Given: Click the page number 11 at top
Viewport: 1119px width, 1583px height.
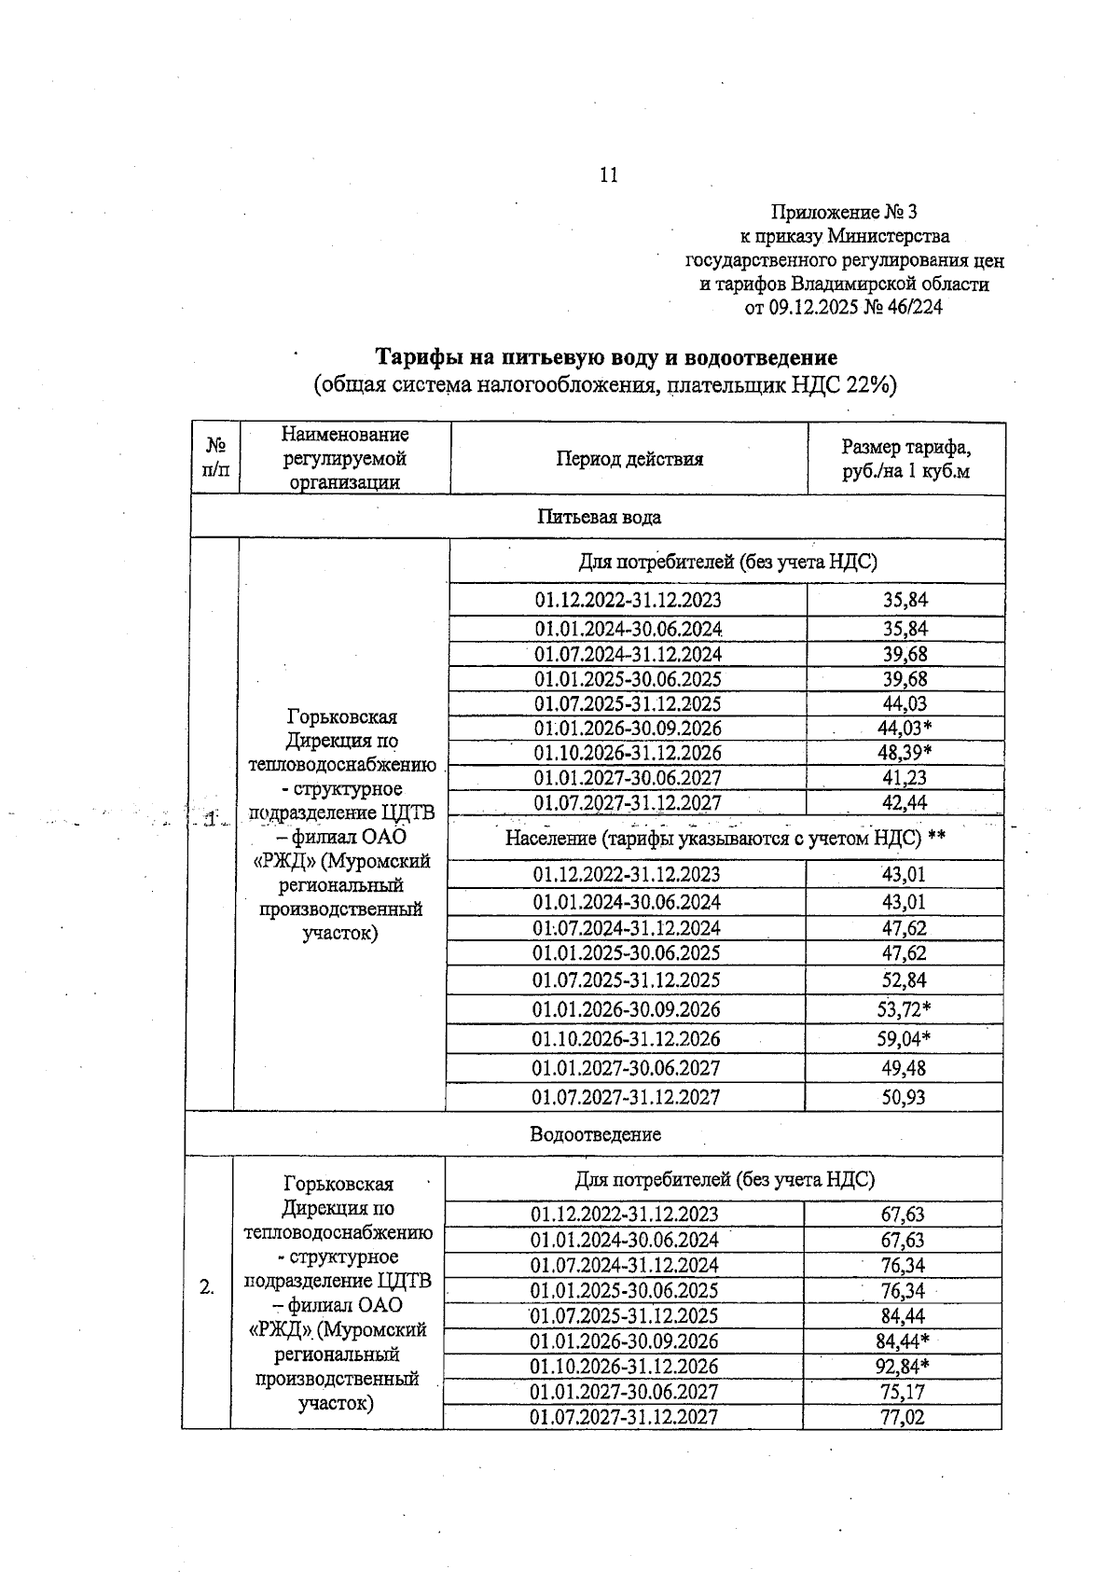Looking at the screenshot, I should pyautogui.click(x=608, y=174).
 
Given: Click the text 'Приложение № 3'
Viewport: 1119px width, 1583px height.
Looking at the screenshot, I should pyautogui.click(x=844, y=213).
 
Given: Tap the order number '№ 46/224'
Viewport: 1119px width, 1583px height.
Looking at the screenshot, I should pyautogui.click(x=904, y=308).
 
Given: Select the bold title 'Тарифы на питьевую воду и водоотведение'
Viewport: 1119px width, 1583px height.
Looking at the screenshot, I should pyautogui.click(x=605, y=357).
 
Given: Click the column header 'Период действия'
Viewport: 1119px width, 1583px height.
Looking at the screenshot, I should pyautogui.click(x=629, y=458).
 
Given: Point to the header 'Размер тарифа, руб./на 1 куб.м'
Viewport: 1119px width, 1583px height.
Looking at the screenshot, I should pyautogui.click(x=905, y=458).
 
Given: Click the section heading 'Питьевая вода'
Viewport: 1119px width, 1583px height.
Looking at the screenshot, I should pyautogui.click(x=599, y=517).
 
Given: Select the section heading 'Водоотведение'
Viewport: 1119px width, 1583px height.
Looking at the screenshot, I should pyautogui.click(x=595, y=1134).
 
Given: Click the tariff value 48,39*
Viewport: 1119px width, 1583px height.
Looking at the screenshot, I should pyautogui.click(x=905, y=753).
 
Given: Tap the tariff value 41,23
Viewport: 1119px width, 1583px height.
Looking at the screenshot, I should pyautogui.click(x=905, y=778).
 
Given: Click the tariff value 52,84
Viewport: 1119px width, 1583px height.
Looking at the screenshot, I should pyautogui.click(x=904, y=979).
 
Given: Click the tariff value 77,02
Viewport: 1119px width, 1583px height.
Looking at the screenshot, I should pyautogui.click(x=903, y=1417).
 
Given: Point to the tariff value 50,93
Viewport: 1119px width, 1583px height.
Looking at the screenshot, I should pyautogui.click(x=904, y=1097).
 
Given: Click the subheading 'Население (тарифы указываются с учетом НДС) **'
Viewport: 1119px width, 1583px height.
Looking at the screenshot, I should pyautogui.click(x=725, y=839).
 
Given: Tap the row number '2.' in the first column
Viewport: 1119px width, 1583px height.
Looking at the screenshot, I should pyautogui.click(x=206, y=1288).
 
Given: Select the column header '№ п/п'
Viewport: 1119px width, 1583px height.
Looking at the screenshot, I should pyautogui.click(x=214, y=458).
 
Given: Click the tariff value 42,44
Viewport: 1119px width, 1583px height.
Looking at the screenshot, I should pyautogui.click(x=905, y=803).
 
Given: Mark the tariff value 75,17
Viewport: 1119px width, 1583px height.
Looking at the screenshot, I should pyautogui.click(x=903, y=1392).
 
